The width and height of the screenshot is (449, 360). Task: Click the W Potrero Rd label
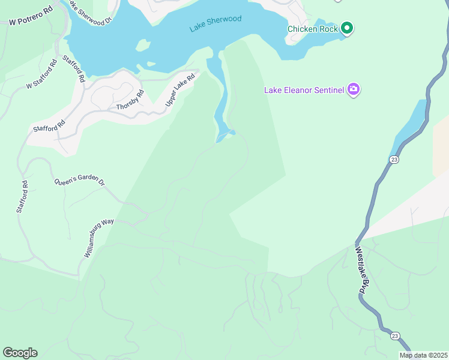(31, 16)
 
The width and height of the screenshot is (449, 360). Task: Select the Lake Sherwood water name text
(215, 23)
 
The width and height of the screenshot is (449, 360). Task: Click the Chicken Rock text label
(312, 29)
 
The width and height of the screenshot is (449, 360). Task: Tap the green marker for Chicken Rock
(346, 28)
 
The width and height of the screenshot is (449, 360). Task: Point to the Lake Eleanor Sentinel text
(304, 91)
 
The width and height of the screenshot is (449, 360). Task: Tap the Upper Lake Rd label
(181, 91)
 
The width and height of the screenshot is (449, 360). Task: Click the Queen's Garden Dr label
(79, 182)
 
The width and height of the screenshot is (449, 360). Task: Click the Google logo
(20, 353)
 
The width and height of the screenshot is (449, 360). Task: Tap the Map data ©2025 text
(423, 355)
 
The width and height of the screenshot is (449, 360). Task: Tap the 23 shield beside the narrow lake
(394, 159)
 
